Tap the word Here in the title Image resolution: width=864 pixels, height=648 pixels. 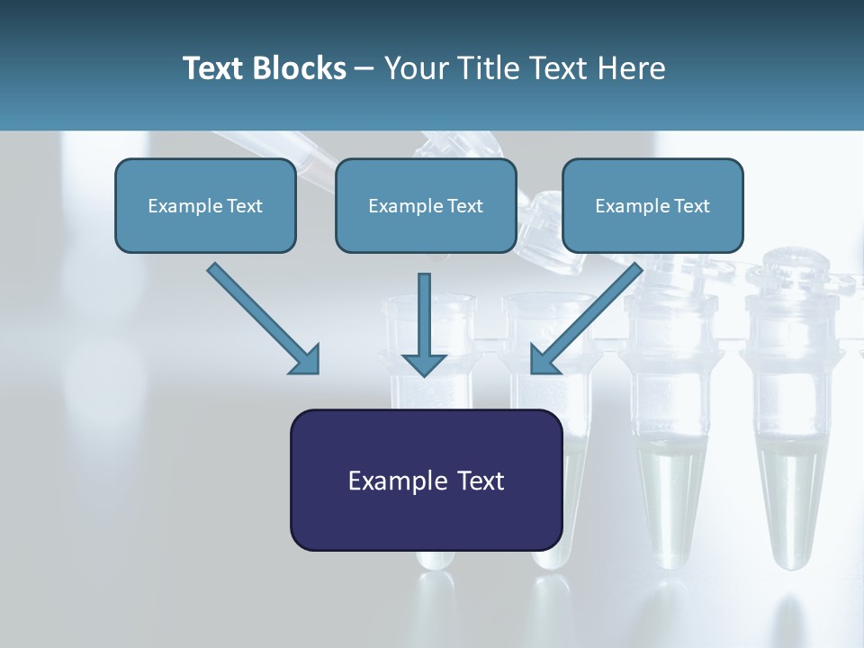tap(632, 68)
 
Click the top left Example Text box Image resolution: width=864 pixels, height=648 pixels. tap(205, 205)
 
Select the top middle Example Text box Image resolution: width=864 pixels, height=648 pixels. tap(426, 205)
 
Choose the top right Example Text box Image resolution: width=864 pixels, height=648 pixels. tap(652, 205)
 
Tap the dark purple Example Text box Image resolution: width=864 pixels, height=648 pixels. tap(426, 480)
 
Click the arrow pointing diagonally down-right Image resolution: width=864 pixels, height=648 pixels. tap(261, 317)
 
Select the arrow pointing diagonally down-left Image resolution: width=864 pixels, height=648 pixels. tap(589, 317)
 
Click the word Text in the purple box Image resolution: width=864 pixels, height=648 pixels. tap(481, 481)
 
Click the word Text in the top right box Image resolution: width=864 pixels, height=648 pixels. tap(692, 206)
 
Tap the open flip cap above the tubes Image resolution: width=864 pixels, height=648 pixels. tap(551, 225)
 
